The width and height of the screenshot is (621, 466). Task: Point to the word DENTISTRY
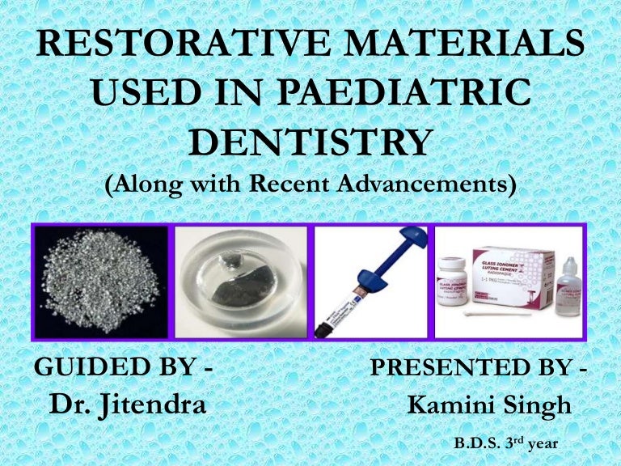310,142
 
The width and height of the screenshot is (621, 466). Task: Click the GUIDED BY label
123,366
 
